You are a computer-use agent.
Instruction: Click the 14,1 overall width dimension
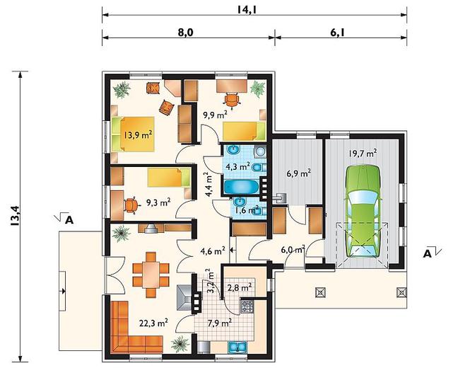coord(247,10)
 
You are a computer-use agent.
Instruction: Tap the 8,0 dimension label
coord(185,33)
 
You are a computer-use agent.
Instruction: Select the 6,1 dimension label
coord(337,33)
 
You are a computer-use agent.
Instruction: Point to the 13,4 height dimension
coord(15,216)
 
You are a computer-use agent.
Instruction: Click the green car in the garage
coord(363,211)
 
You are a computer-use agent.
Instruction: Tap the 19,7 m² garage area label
coord(363,154)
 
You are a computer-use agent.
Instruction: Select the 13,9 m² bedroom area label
coord(139,134)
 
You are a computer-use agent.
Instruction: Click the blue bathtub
coord(241,187)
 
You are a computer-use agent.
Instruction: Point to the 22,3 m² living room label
coord(154,323)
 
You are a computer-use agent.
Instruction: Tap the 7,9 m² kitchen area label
coord(220,323)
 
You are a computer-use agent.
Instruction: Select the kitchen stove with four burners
coord(247,306)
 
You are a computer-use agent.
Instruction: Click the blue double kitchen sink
coord(237,347)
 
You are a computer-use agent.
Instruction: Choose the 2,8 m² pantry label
coord(239,287)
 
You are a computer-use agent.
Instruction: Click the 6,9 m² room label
coord(298,174)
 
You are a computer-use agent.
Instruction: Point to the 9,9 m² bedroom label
coord(215,115)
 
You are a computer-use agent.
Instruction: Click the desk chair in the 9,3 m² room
coord(131,205)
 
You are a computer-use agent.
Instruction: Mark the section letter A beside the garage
coord(428,254)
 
